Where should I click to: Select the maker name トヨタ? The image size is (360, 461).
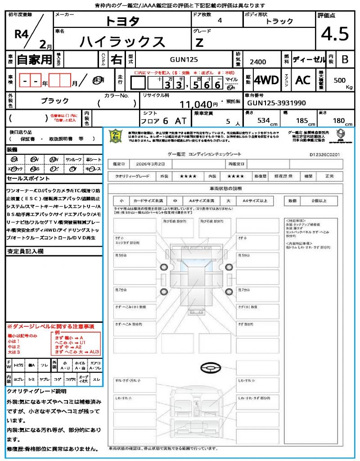(122, 21)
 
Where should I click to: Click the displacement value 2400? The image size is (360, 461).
(258, 62)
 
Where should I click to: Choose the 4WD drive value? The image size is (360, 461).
(266, 80)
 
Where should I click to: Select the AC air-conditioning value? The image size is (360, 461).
(303, 80)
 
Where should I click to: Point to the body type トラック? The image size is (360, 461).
(279, 21)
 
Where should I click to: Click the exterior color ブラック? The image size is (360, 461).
(55, 101)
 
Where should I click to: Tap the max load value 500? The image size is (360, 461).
(339, 80)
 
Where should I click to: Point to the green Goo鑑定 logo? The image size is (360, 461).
(116, 136)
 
